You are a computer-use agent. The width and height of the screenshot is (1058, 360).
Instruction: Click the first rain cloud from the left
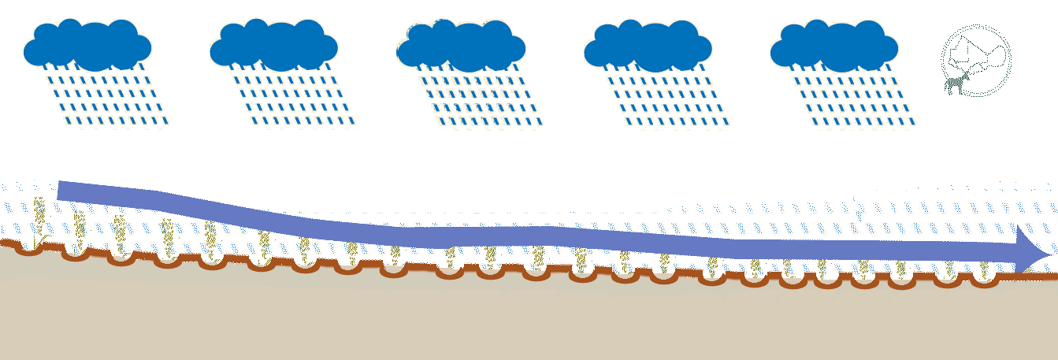click(87, 45)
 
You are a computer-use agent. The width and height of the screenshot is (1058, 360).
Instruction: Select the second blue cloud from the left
click(273, 45)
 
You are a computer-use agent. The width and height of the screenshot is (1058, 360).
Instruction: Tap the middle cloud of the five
click(460, 45)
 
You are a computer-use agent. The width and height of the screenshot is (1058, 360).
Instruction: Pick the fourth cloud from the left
click(648, 45)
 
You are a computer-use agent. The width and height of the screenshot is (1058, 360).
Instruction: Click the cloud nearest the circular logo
click(833, 45)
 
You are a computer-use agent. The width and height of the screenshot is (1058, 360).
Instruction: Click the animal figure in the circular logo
click(956, 83)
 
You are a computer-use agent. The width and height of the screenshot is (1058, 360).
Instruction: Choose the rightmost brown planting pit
click(984, 282)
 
